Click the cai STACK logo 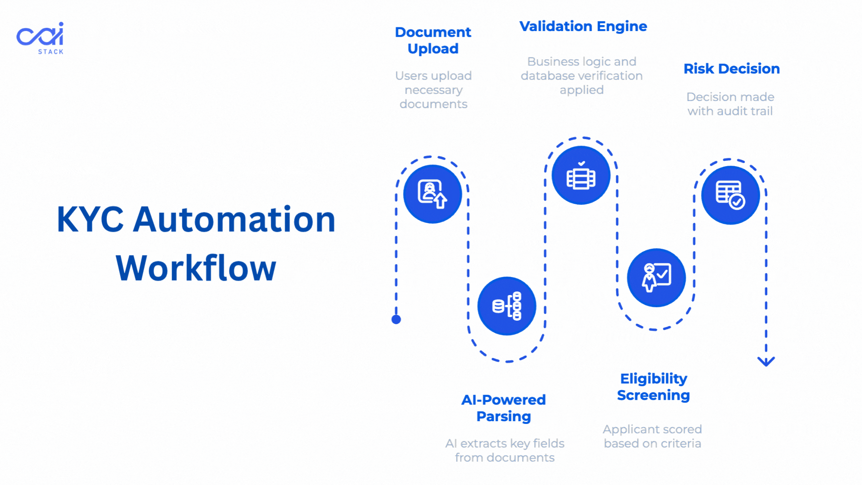tap(40, 38)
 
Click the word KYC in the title tap(90, 220)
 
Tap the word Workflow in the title tap(196, 268)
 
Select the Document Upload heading tap(433, 40)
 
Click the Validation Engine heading tap(583, 26)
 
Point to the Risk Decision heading tap(731, 69)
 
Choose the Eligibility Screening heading tap(653, 387)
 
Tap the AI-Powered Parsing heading tap(504, 408)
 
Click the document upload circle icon tap(432, 194)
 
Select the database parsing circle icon tap(506, 306)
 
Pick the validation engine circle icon tap(581, 175)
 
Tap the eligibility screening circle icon tap(656, 278)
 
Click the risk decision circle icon tap(730, 195)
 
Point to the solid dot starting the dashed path tap(396, 319)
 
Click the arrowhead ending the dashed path tap(766, 362)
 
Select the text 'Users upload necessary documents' tap(433, 90)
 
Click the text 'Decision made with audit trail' tap(730, 104)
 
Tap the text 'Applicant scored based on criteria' tap(652, 436)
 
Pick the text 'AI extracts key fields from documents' tap(505, 450)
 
